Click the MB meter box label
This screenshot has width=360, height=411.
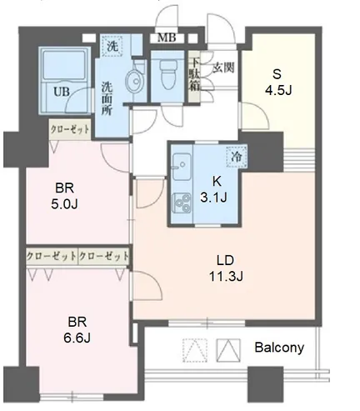tap(167, 38)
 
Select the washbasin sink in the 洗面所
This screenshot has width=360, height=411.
tap(134, 81)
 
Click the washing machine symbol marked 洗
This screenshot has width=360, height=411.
tap(112, 46)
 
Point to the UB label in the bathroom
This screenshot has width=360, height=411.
tap(62, 92)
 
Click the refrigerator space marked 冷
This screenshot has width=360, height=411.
tap(237, 157)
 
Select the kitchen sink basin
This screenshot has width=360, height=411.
tap(182, 166)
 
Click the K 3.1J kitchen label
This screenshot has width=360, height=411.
tap(214, 190)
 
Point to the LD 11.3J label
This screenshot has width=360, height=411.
tap(226, 268)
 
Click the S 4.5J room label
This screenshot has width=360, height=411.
tap(278, 83)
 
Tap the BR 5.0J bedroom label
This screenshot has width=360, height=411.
tap(64, 197)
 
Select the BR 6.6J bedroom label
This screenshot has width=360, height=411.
tap(77, 330)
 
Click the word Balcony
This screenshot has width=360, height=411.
tap(279, 348)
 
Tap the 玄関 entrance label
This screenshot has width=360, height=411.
tap(223, 68)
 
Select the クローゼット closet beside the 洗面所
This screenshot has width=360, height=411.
tap(70, 129)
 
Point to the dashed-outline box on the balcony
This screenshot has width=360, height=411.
tap(195, 350)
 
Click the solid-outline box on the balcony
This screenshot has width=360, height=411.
tap(228, 350)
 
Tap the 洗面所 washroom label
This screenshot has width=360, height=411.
tap(107, 98)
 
